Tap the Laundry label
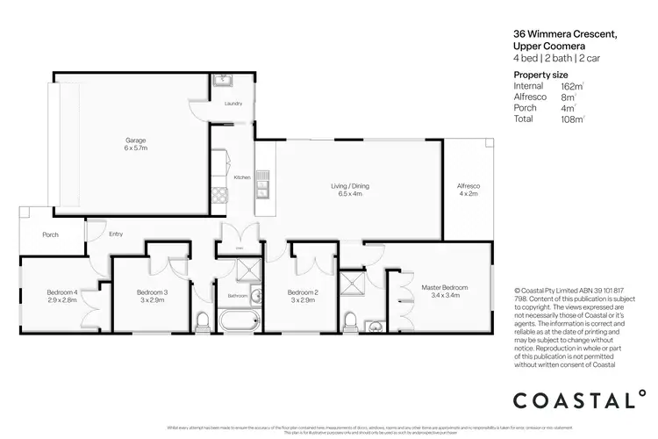(232, 104)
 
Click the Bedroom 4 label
(63, 295)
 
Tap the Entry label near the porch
(116, 234)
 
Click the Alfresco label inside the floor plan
(468, 190)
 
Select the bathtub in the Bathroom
(235, 322)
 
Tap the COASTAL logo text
(580, 400)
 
